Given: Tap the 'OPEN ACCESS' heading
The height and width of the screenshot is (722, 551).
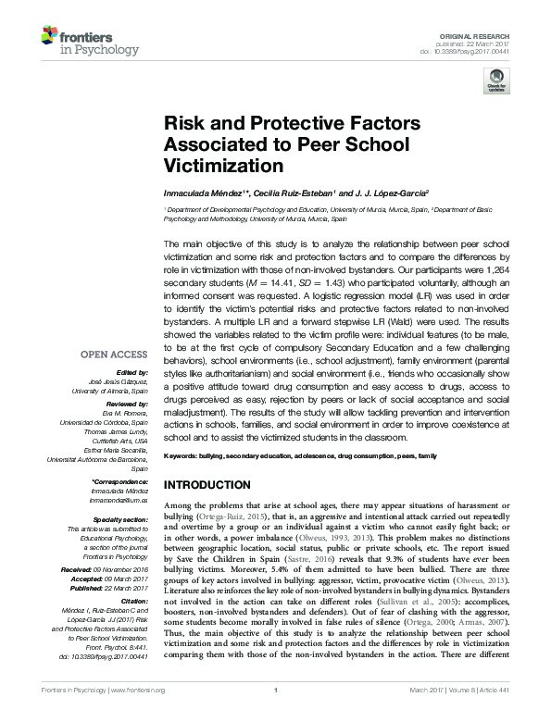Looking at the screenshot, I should pos(114,354).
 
